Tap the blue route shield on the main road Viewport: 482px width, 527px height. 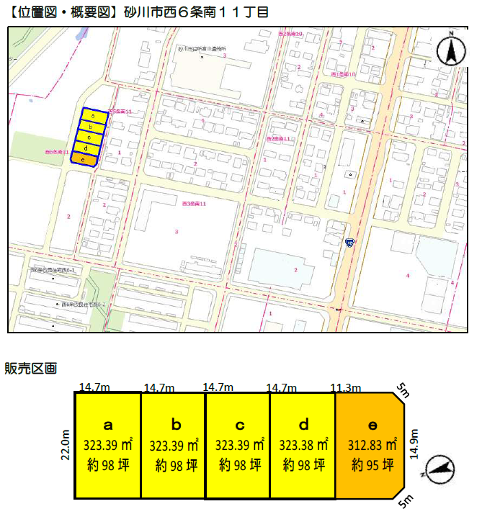(349, 242)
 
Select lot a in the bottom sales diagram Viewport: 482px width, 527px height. (108, 445)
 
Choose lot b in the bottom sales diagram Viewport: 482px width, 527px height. (173, 445)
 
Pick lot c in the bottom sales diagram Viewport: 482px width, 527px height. (238, 445)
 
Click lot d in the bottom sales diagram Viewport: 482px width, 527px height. (303, 445)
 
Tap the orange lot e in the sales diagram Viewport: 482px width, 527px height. (370, 445)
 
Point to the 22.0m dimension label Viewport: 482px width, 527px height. (66, 444)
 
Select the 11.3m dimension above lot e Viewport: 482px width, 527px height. (345, 387)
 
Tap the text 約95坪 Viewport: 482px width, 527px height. (372, 464)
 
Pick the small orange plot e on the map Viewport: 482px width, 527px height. (84, 159)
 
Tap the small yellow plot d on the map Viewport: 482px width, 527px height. (86, 148)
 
